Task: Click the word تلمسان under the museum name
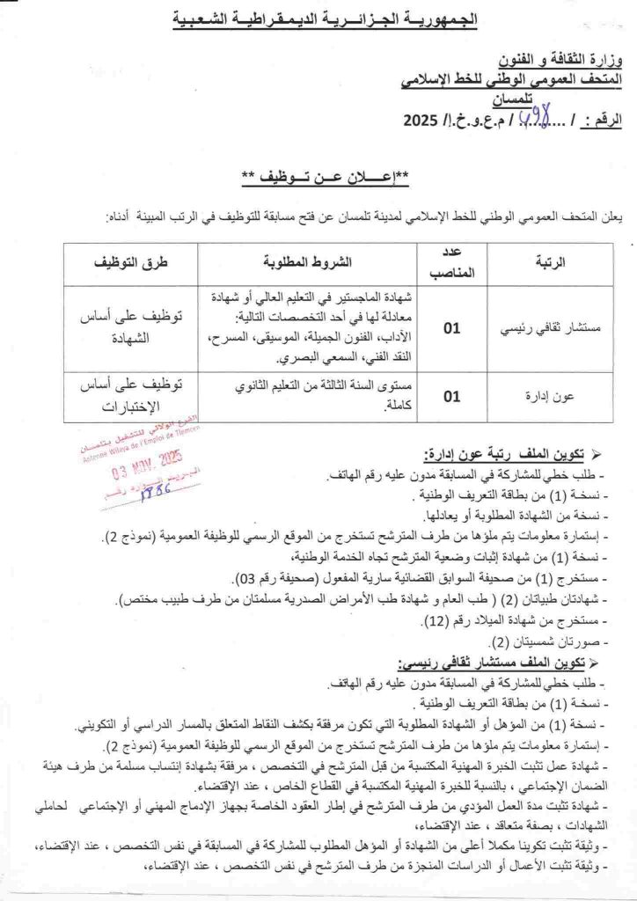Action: [x=596, y=98]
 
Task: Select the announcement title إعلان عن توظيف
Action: [x=318, y=176]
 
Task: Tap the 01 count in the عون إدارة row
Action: [x=452, y=397]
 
